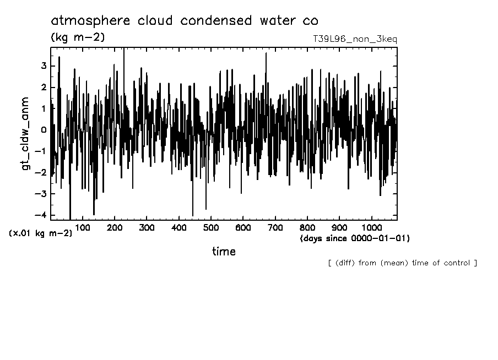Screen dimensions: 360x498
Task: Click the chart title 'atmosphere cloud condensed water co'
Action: [184, 21]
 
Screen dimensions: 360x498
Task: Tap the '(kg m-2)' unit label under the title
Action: [77, 37]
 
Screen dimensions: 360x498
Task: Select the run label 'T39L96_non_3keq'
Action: [354, 39]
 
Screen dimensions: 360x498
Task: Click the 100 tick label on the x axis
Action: [83, 228]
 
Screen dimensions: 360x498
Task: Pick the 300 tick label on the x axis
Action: [147, 228]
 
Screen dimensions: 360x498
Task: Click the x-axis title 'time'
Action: [224, 252]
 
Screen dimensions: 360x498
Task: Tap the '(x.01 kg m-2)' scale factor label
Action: [40, 233]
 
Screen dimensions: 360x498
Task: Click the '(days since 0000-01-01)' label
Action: [355, 238]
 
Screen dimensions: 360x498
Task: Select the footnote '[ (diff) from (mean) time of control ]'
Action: [402, 263]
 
